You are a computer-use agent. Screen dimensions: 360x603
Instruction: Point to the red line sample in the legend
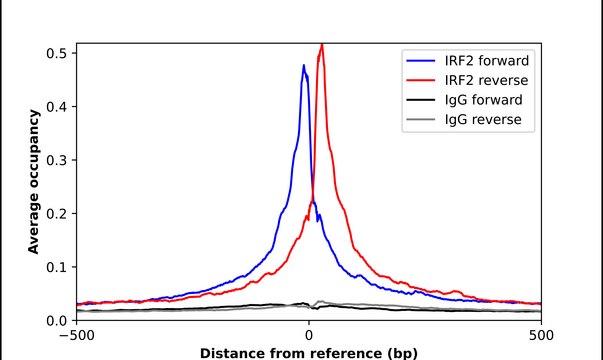coord(420,80)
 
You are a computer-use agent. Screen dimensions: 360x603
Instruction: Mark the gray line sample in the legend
coord(420,122)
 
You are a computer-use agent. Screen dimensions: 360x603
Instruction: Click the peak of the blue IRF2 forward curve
coord(304,66)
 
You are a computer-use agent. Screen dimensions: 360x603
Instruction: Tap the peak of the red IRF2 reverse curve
coord(321,45)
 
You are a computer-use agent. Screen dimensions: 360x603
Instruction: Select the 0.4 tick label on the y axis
coord(57,107)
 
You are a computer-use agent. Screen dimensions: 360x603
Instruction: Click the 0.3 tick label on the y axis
coord(57,160)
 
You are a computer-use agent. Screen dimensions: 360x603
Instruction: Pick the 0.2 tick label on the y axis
coord(57,214)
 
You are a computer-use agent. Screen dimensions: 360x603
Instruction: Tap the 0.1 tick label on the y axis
coord(57,267)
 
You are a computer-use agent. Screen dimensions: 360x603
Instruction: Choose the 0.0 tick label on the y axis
coord(57,321)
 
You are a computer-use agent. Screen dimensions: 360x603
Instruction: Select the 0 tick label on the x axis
coord(308,336)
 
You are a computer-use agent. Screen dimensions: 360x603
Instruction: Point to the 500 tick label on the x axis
coord(541,336)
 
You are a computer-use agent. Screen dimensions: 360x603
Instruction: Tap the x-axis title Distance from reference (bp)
coord(308,352)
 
